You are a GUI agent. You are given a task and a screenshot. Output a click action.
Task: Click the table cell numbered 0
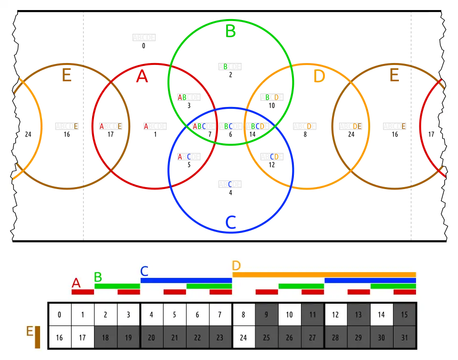coord(60,315)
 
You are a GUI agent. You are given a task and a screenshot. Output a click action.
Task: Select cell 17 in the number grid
coord(83,338)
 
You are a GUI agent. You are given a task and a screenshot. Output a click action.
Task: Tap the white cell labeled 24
coord(244,338)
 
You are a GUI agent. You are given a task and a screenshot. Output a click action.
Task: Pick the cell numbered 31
coord(405,338)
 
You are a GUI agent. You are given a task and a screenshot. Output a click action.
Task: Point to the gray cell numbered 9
coord(267,315)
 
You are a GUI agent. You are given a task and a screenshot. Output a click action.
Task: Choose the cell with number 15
coord(405,315)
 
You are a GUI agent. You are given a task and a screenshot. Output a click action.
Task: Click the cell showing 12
coord(336,315)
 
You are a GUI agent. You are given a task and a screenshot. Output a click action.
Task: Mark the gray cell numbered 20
coord(152,338)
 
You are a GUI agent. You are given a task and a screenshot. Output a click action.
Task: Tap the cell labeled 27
coord(312,338)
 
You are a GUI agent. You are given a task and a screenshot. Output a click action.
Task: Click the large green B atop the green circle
coord(230,31)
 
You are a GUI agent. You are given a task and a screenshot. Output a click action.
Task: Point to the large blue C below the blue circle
coord(230,222)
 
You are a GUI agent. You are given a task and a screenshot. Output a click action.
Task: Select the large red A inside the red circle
coord(142,77)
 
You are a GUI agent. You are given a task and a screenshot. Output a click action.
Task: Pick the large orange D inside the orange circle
coord(319,77)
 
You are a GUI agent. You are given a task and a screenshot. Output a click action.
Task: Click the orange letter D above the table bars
coord(236,265)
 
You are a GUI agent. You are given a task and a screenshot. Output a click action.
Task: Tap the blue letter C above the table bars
coord(145,271)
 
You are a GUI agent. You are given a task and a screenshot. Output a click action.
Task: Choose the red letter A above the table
coord(76,283)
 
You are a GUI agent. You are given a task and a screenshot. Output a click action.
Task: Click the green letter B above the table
coord(98,277)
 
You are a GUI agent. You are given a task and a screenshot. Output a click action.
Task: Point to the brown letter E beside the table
coord(29,331)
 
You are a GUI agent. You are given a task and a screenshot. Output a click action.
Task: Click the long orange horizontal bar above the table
coord(324,274)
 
